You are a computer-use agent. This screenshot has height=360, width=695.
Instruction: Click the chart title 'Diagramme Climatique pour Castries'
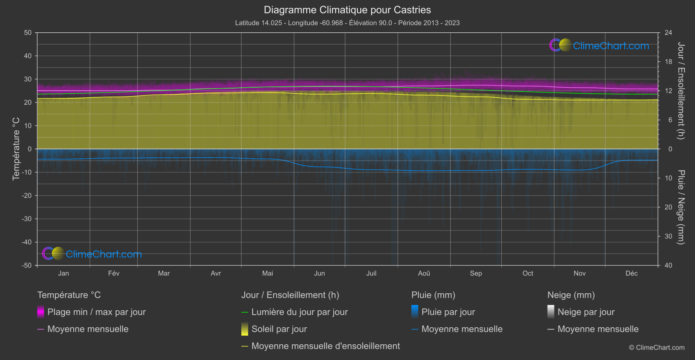pyautogui.click(x=347, y=10)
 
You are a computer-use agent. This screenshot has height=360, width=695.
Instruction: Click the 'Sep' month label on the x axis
pyautogui.click(x=476, y=274)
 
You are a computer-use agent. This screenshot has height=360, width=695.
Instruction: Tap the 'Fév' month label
pyautogui.click(x=113, y=274)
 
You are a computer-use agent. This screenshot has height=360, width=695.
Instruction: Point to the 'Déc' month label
pyautogui.click(x=631, y=274)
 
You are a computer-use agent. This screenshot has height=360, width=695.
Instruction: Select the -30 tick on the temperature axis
pyautogui.click(x=27, y=219)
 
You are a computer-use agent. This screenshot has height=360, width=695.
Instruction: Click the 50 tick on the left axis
pyautogui.click(x=28, y=33)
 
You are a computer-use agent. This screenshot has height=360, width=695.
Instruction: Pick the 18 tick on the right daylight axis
pyautogui.click(x=668, y=62)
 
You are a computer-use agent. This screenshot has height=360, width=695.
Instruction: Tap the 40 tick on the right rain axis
pyautogui.click(x=668, y=265)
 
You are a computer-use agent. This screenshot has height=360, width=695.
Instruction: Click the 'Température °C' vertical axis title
pyautogui.click(x=16, y=149)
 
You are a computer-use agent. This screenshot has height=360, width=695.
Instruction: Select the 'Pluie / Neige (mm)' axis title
pyautogui.click(x=681, y=207)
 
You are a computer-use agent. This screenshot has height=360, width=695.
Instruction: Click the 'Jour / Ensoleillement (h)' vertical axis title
pyautogui.click(x=681, y=91)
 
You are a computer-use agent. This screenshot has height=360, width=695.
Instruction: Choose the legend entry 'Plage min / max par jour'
pyautogui.click(x=96, y=312)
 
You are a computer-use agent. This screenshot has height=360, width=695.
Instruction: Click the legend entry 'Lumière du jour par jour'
pyautogui.click(x=299, y=312)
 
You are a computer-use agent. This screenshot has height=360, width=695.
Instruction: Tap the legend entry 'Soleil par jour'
pyautogui.click(x=279, y=329)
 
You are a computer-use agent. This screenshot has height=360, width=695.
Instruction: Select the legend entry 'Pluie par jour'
pyautogui.click(x=448, y=312)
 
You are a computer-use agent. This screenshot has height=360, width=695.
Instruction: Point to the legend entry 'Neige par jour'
pyautogui.click(x=586, y=312)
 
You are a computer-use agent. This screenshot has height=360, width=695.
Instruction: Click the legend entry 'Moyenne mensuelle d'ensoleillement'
pyautogui.click(x=325, y=346)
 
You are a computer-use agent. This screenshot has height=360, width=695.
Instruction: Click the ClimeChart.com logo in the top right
pyautogui.click(x=599, y=45)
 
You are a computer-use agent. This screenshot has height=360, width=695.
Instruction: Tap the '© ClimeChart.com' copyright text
pyautogui.click(x=657, y=348)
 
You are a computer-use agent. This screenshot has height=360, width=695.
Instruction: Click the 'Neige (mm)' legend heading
pyautogui.click(x=571, y=295)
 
